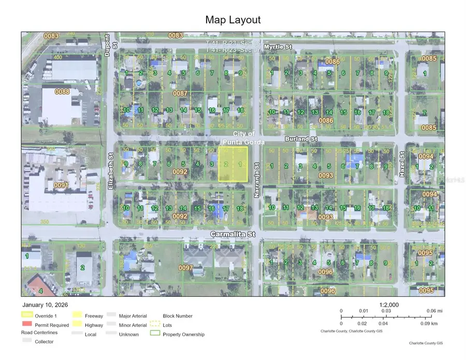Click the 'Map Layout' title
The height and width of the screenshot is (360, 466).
pos(233,20)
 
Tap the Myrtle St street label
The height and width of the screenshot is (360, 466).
pos(278,47)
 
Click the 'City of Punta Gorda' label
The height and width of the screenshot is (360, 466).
pos(243,138)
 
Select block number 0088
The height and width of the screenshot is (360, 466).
pos(62,92)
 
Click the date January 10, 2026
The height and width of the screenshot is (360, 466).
pos(45,305)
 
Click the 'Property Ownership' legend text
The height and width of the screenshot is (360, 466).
pos(184,335)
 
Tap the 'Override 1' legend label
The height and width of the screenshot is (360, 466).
pos(47,316)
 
